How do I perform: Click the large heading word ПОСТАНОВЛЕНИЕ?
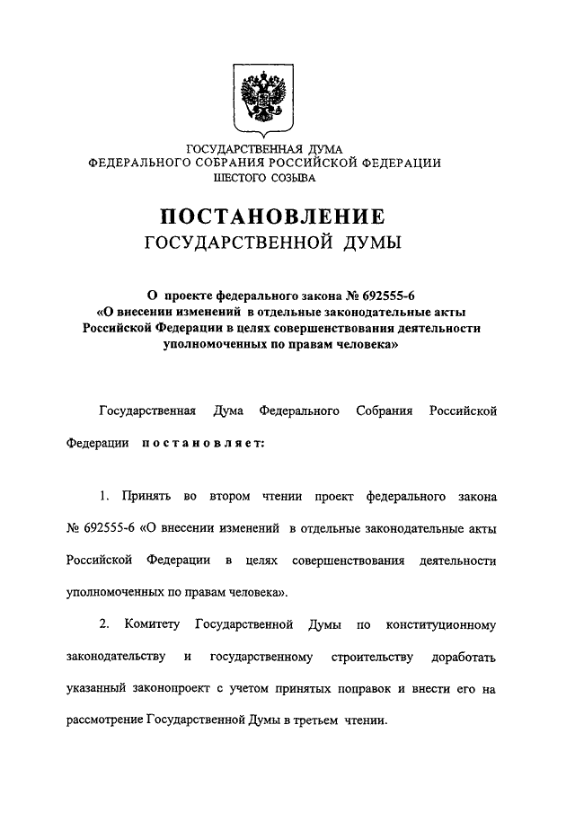point(272,217)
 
